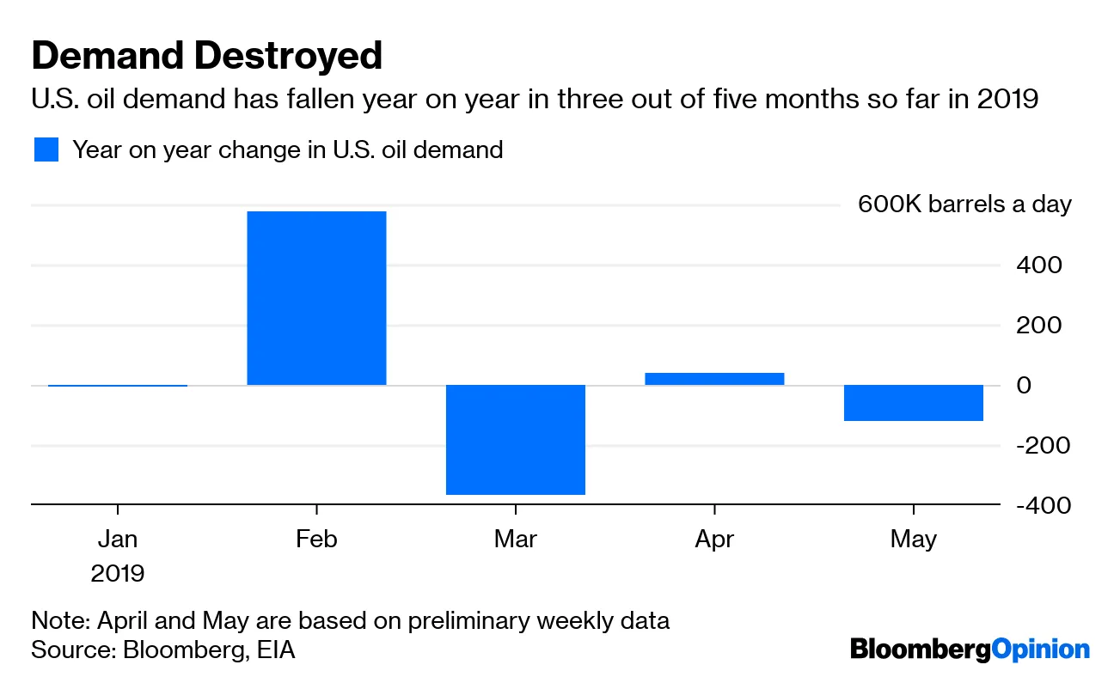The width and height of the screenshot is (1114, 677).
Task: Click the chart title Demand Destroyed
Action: point(206,57)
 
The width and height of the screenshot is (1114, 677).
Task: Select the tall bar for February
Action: point(316,297)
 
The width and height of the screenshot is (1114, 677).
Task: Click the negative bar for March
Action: point(516,439)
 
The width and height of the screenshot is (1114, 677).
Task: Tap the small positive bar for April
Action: point(714,378)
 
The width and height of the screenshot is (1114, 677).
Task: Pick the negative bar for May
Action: point(913,403)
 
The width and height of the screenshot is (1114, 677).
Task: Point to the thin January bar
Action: point(118,385)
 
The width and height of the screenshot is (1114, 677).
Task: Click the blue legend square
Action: point(46,149)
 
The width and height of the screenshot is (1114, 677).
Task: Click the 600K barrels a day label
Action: point(964,204)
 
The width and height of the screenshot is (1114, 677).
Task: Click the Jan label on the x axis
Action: point(118,540)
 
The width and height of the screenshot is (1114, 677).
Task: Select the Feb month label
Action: point(316,540)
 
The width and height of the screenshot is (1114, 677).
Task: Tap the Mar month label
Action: point(516,540)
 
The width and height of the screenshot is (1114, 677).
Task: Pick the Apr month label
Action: point(714,540)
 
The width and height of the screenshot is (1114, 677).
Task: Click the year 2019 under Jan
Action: point(118,573)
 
